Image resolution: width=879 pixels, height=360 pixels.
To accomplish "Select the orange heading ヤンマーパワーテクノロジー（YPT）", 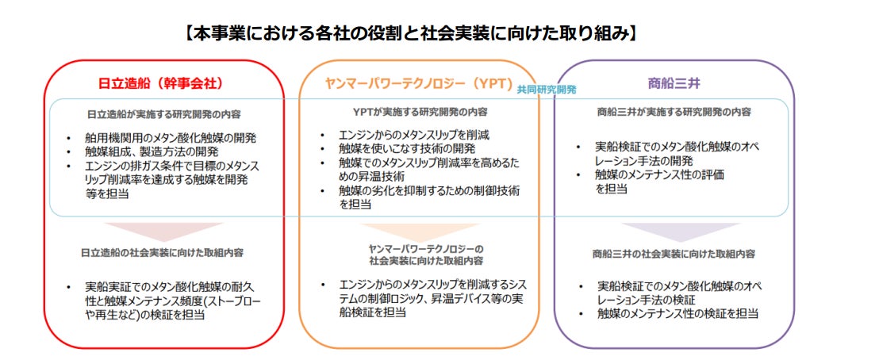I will [x=418, y=83].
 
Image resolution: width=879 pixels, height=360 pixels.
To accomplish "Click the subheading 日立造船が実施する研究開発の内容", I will [x=163, y=113].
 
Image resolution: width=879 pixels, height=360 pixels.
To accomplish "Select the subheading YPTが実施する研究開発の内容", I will [x=420, y=112].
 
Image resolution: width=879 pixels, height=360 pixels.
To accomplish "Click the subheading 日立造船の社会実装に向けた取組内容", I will [x=162, y=253].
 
